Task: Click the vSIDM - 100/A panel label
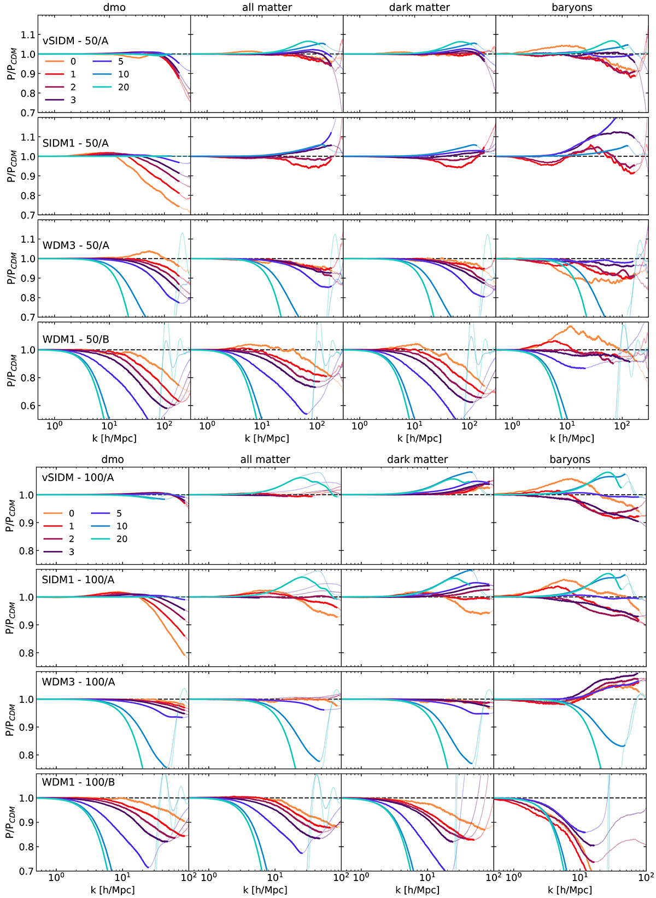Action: (77, 478)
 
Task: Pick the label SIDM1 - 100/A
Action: (77, 580)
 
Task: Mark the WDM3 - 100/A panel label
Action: (77, 682)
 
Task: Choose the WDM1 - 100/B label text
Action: (77, 782)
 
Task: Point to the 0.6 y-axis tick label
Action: (27, 406)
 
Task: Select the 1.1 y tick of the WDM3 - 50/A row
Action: (27, 239)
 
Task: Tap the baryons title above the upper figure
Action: (572, 8)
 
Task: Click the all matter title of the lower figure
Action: (265, 460)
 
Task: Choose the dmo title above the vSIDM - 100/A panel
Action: (113, 460)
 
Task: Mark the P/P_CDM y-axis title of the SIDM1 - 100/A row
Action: (10, 618)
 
